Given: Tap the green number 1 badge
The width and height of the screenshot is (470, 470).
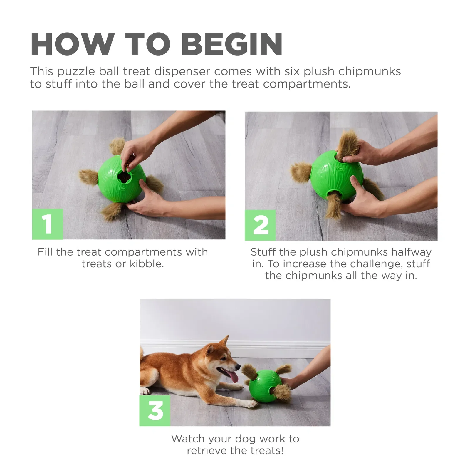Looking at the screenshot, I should [x=47, y=224].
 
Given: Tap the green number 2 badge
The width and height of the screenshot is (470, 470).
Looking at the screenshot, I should [x=260, y=225].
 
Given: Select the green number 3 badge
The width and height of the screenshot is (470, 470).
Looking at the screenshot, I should [x=155, y=410].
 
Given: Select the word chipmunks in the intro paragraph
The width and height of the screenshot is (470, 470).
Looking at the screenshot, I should [x=369, y=71].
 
